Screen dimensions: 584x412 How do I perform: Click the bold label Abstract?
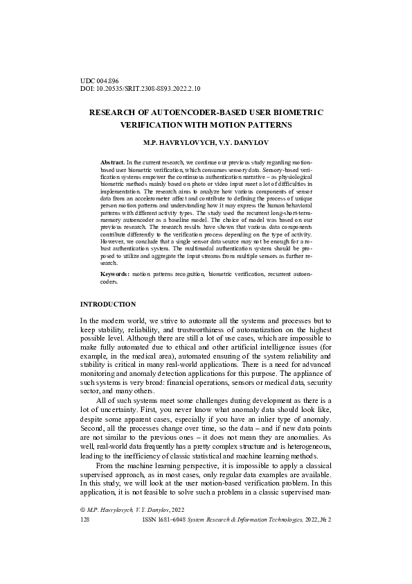coord(112,161)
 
